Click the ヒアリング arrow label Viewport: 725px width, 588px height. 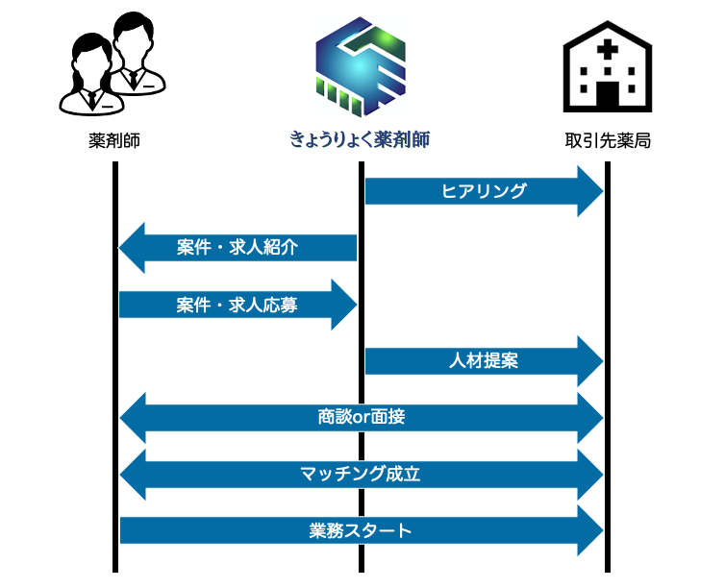pyautogui.click(x=484, y=191)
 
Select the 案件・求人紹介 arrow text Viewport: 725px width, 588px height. pyautogui.click(x=237, y=248)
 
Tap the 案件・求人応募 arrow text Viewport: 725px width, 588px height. pyautogui.click(x=237, y=306)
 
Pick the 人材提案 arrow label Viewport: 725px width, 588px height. pyautogui.click(x=484, y=361)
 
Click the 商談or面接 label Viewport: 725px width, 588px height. pyautogui.click(x=361, y=418)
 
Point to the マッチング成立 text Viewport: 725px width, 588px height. pyautogui.click(x=361, y=475)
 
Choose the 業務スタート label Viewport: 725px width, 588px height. pyautogui.click(x=361, y=530)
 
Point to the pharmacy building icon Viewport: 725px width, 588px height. pyautogui.click(x=607, y=66)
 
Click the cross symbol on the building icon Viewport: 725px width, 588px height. pyautogui.click(x=607, y=47)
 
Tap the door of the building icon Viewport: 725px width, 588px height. pyautogui.click(x=607, y=93)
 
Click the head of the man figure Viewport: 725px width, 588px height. pyautogui.click(x=131, y=36)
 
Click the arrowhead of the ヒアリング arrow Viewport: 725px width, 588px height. pyautogui.click(x=589, y=191)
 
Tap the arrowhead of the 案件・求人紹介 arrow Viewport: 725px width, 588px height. pyautogui.click(x=133, y=248)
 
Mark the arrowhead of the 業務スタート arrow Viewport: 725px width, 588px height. pyautogui.click(x=589, y=530)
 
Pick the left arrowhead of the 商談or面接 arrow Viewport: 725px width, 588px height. pyautogui.click(x=133, y=418)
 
